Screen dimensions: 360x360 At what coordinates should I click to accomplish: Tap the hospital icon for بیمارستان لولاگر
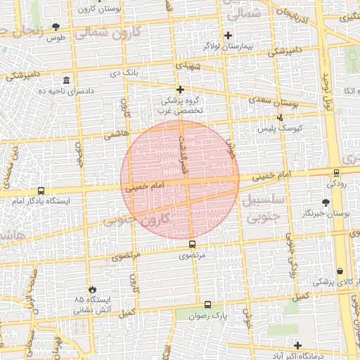(227, 35)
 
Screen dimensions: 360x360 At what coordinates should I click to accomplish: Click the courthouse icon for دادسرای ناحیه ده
(66, 79)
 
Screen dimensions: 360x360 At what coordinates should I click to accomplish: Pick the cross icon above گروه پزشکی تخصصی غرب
(181, 89)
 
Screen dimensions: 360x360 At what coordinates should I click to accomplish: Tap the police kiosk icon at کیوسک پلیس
(280, 118)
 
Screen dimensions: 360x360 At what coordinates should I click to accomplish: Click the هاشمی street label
(114, 134)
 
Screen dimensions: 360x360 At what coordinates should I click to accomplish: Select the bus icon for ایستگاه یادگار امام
(40, 191)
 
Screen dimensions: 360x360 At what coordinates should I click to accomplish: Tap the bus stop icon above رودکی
(336, 173)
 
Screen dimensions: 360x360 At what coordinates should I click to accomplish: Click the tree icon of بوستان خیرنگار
(326, 202)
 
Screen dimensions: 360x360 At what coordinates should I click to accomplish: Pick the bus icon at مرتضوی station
(193, 245)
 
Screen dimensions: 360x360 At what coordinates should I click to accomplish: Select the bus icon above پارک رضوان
(207, 305)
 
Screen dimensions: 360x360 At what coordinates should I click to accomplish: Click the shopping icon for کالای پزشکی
(340, 271)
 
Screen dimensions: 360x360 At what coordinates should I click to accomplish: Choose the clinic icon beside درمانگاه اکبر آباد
(298, 346)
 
